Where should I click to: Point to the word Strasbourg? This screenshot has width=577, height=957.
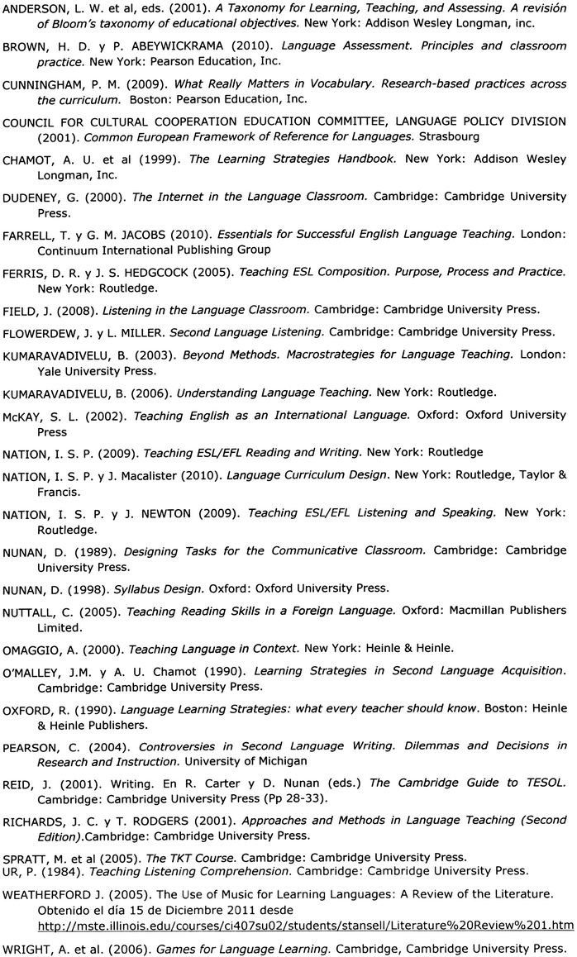pos(447,136)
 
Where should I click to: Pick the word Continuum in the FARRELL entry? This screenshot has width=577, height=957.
pos(65,249)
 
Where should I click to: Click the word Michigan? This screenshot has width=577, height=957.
pos(283,760)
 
